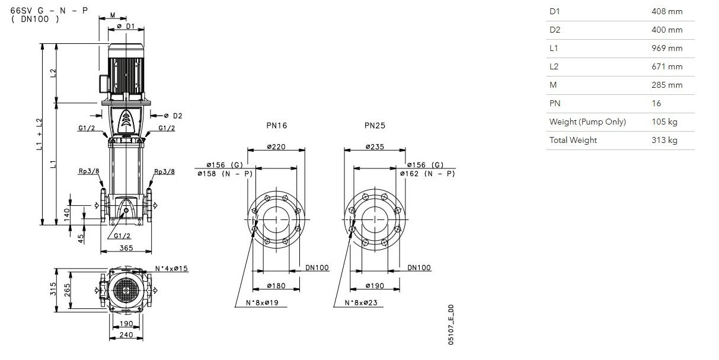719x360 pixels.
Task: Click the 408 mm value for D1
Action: point(667,11)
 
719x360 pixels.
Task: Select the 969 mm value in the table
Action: point(667,48)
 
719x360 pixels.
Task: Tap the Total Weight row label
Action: point(573,141)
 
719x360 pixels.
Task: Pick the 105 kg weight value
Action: point(664,122)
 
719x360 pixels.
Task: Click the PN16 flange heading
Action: point(277,126)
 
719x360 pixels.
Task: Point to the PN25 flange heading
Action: point(375,126)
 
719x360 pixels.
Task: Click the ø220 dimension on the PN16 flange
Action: point(276,146)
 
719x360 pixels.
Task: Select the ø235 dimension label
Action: point(375,146)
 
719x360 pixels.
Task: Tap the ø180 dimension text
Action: point(276,285)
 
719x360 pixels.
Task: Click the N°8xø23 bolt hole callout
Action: point(361,302)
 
